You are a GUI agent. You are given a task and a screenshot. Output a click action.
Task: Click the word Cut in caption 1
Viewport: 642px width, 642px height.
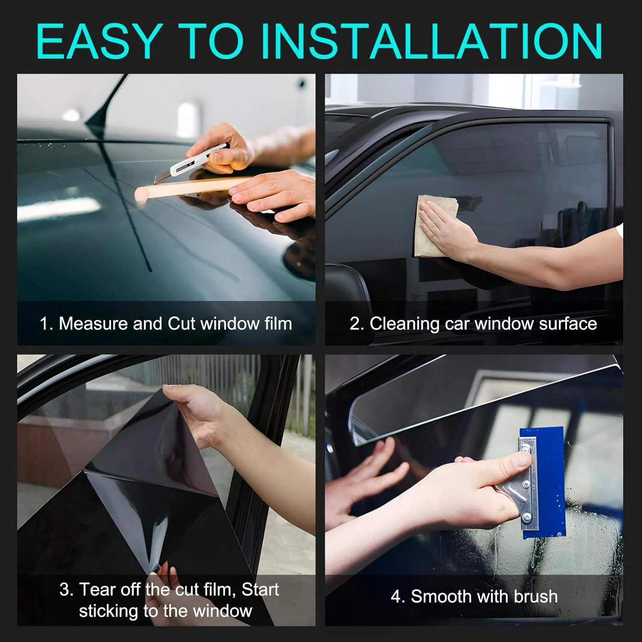pyautogui.click(x=181, y=324)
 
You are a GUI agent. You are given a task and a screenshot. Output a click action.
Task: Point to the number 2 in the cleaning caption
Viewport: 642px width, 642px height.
pyautogui.click(x=355, y=324)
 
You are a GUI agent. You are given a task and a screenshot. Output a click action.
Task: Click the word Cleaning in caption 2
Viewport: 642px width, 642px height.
pyautogui.click(x=404, y=324)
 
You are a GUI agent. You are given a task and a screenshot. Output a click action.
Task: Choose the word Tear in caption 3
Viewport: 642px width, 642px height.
pyautogui.click(x=98, y=589)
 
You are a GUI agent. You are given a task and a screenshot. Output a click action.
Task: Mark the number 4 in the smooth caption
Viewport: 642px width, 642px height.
pyautogui.click(x=395, y=596)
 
